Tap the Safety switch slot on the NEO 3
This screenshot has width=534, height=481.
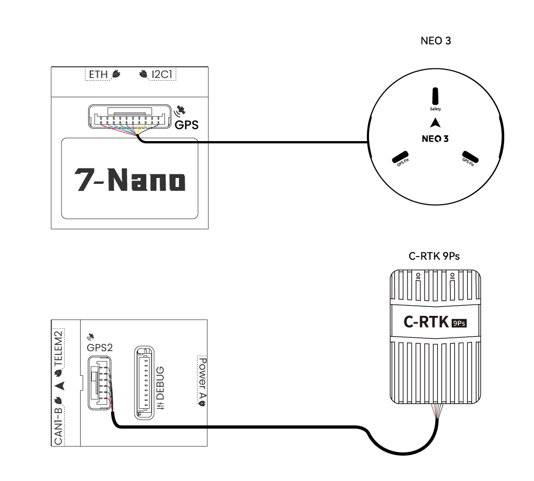(435, 97)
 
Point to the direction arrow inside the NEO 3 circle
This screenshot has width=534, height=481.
(436, 122)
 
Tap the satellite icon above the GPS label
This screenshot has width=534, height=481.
(181, 111)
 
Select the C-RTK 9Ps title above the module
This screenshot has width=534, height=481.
(434, 256)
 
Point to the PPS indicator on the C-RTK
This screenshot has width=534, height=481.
(419, 276)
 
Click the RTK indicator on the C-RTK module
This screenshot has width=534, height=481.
(453, 276)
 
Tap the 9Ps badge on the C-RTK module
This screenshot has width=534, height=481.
(459, 323)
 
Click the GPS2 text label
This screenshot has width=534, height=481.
(100, 347)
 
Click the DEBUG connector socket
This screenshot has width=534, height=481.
(144, 381)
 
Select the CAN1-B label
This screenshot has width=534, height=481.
(59, 422)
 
